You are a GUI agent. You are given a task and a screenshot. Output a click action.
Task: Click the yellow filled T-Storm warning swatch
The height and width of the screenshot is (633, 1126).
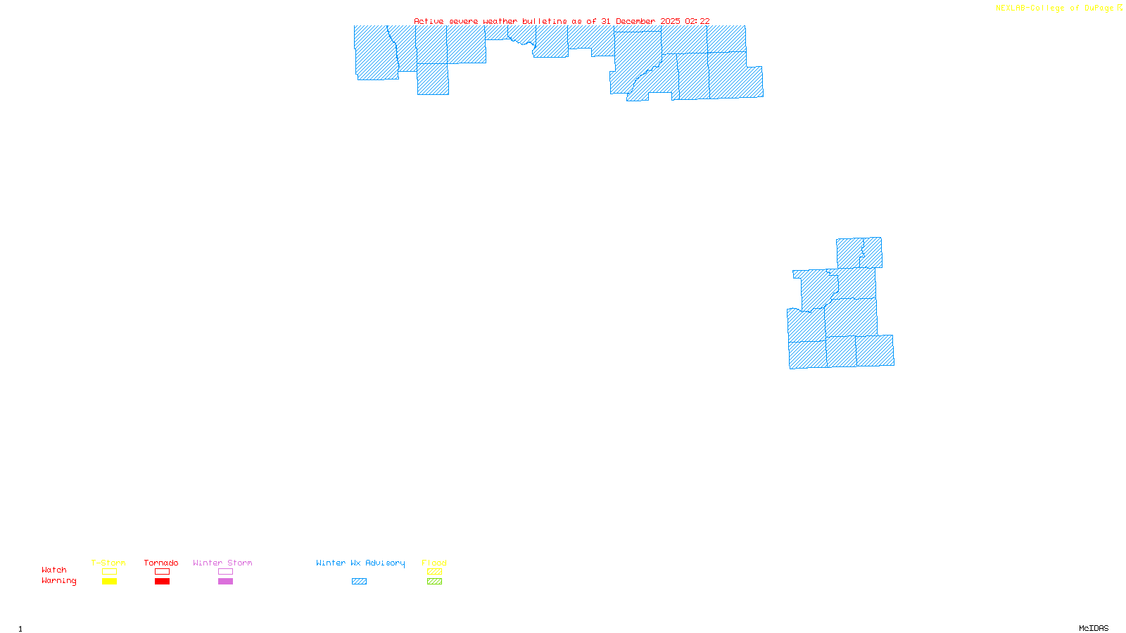(109, 582)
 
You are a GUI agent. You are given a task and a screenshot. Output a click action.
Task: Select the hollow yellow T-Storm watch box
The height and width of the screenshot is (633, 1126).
(109, 572)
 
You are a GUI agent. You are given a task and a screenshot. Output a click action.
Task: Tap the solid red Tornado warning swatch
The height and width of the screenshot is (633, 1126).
(162, 582)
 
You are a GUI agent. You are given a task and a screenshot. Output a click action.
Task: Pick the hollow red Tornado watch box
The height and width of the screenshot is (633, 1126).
(162, 572)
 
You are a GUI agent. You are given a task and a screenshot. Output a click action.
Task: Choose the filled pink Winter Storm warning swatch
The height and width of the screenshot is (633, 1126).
(225, 582)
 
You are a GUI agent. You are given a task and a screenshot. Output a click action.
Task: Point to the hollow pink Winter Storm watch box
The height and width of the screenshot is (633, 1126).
(225, 572)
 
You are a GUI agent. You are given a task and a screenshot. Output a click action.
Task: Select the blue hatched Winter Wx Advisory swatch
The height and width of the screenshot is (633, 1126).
(359, 582)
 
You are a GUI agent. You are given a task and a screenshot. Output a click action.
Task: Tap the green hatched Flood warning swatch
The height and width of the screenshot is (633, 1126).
(434, 582)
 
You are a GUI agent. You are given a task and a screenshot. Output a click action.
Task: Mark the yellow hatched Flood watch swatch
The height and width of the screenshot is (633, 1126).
(434, 572)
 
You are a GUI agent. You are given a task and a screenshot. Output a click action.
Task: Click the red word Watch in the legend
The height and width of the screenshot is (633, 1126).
(54, 570)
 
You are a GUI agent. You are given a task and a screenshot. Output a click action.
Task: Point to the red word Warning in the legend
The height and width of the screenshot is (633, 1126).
(58, 581)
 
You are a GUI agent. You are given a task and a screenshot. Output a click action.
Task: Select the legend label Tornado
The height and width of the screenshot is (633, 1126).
(161, 563)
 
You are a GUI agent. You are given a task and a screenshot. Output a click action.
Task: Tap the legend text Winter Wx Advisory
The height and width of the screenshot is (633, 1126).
(360, 563)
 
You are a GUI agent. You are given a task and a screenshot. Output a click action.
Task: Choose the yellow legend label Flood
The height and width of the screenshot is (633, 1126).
(434, 563)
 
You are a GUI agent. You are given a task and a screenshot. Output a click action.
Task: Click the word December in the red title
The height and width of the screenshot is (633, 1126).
(635, 21)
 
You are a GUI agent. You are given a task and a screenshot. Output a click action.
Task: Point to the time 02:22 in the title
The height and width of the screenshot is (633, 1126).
(697, 21)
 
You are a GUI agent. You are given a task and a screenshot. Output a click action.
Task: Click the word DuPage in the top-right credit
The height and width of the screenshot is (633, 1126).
(1099, 8)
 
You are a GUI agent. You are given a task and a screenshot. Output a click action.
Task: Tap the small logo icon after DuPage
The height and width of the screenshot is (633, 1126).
(1120, 8)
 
